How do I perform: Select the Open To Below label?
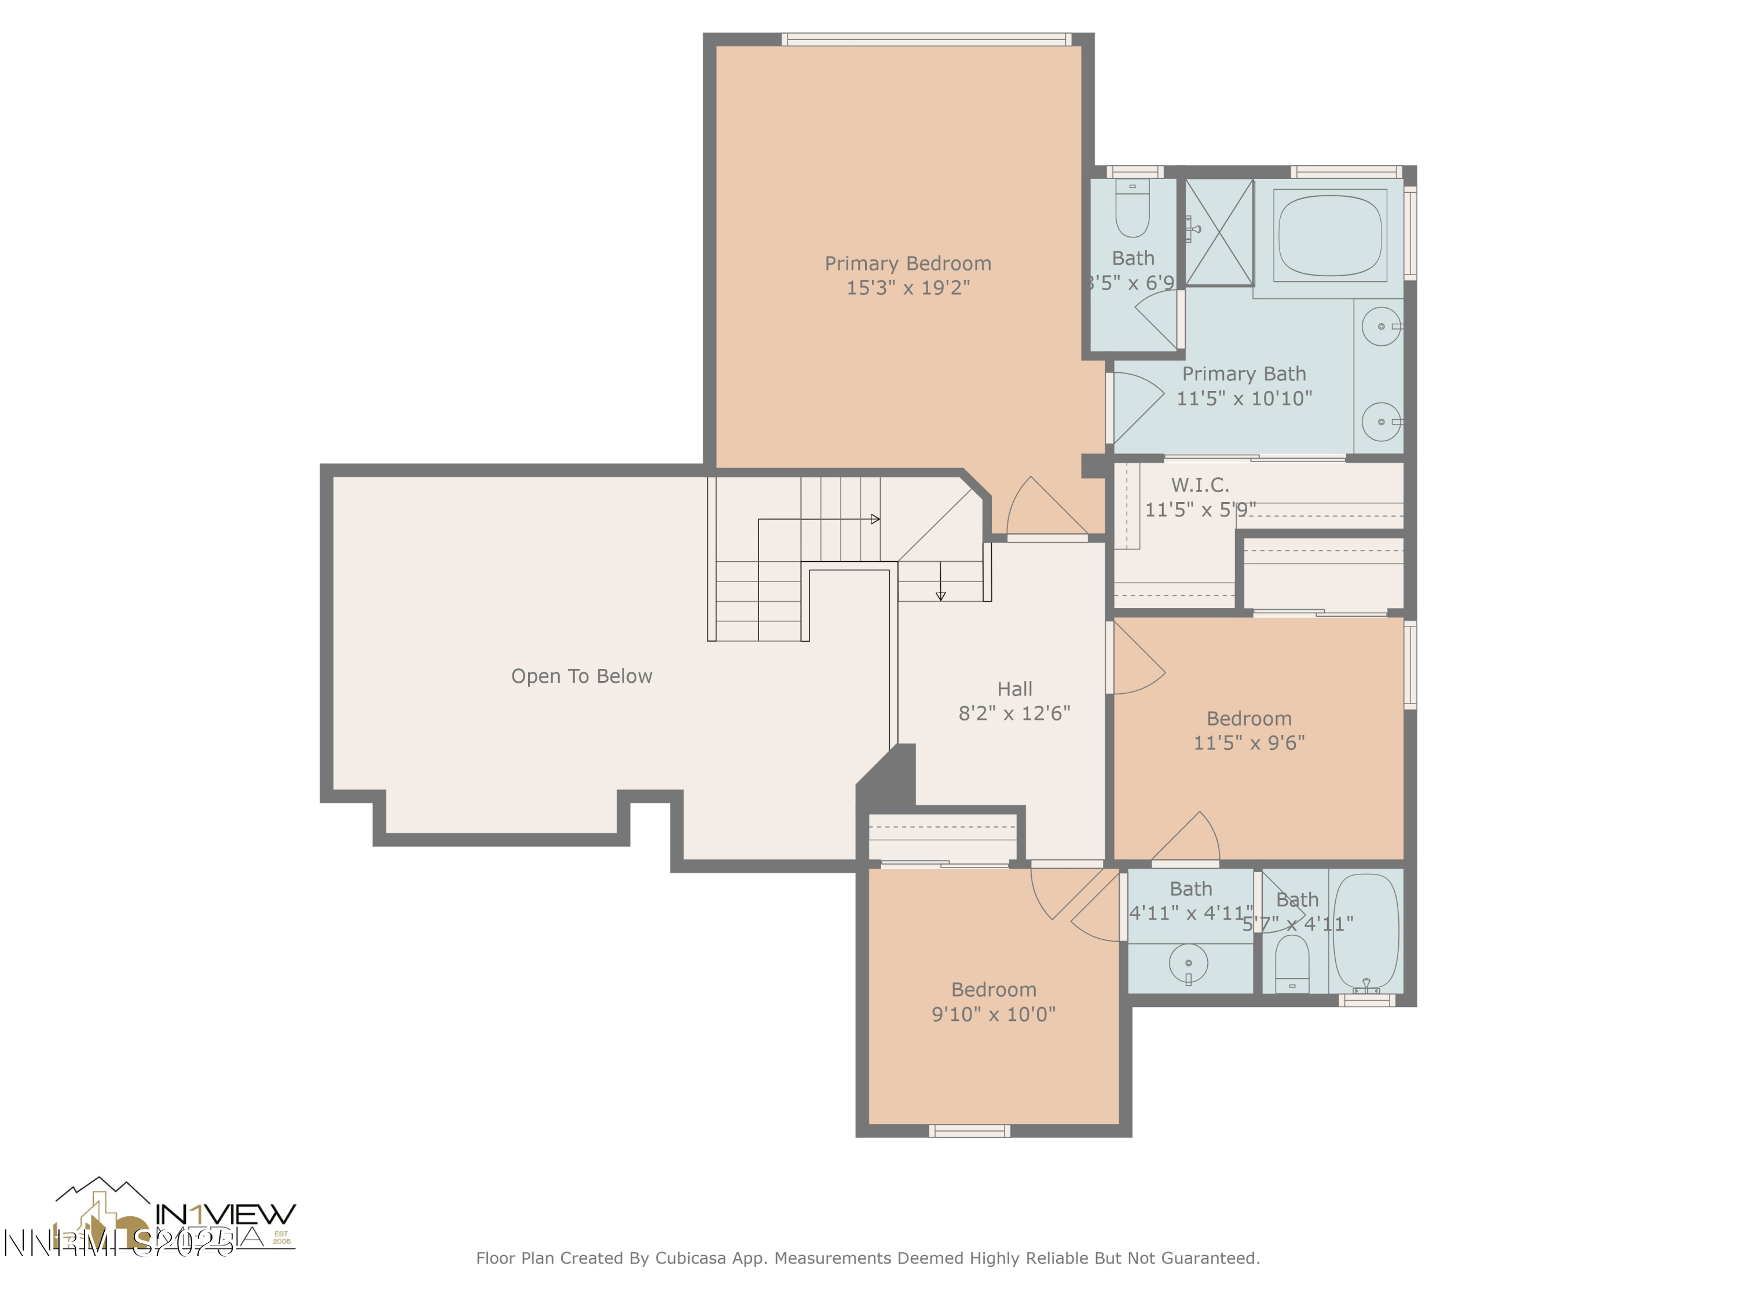pyautogui.click(x=581, y=676)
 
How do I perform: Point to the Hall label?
pyautogui.click(x=1014, y=689)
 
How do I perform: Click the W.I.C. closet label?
pyautogui.click(x=1199, y=485)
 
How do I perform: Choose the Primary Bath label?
pyautogui.click(x=1244, y=374)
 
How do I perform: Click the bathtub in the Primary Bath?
pyautogui.click(x=1329, y=236)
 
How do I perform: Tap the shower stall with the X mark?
pyautogui.click(x=1219, y=232)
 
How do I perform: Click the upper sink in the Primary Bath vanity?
pyautogui.click(x=1380, y=326)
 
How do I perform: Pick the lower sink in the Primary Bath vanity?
pyautogui.click(x=1380, y=422)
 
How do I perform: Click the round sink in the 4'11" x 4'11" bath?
pyautogui.click(x=1188, y=963)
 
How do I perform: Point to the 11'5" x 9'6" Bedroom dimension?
pyautogui.click(x=1248, y=742)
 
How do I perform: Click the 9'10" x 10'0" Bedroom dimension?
pyautogui.click(x=994, y=1014)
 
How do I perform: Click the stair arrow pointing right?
pyautogui.click(x=875, y=519)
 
